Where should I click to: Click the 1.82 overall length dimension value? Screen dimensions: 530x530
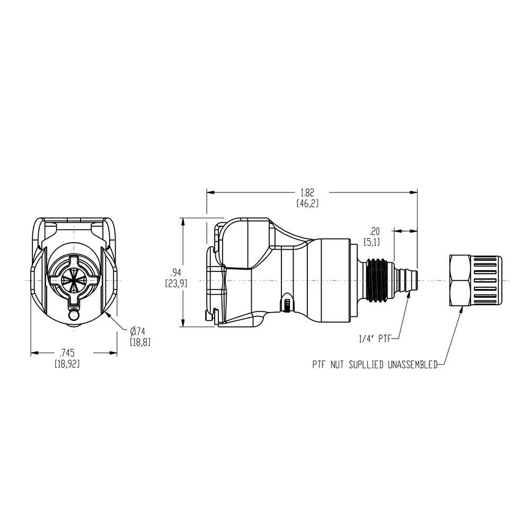(311, 192)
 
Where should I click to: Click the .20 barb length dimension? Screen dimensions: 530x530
(375, 231)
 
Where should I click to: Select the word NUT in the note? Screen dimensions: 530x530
(340, 365)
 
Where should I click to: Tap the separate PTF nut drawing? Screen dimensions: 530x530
(474, 280)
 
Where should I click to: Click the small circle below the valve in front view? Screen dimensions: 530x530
(74, 316)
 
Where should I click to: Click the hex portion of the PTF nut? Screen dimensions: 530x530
(460, 280)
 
